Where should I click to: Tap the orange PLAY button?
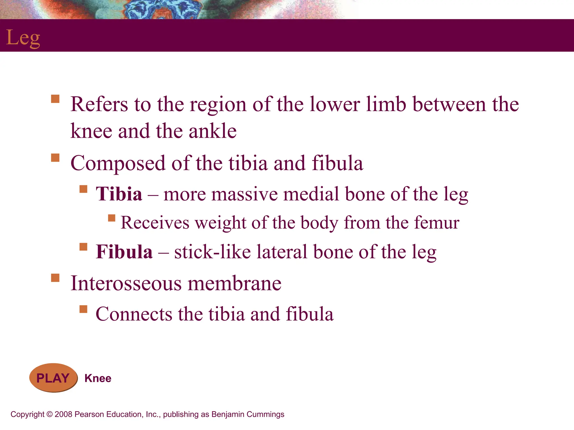(53, 378)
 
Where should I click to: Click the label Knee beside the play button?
(98, 378)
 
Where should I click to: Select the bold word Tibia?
(119, 194)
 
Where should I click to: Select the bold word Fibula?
(124, 252)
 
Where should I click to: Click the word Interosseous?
(126, 283)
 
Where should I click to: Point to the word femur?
(437, 223)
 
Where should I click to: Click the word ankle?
(212, 131)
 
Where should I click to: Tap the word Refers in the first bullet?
(99, 104)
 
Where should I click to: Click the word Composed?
(118, 163)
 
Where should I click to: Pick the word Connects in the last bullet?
(134, 314)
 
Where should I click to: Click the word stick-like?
(212, 252)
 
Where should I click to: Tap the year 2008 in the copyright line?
(63, 414)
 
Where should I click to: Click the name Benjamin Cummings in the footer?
(248, 414)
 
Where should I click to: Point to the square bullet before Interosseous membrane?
(55, 278)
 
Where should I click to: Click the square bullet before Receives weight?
(112, 218)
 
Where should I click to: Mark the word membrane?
(234, 283)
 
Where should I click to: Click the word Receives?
(155, 223)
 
